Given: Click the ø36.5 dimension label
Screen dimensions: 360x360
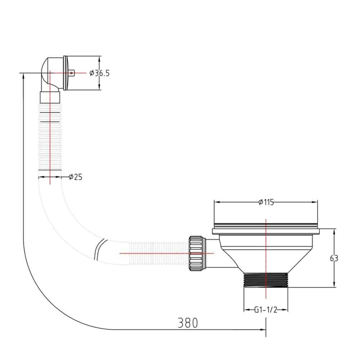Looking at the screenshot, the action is [x=99, y=73].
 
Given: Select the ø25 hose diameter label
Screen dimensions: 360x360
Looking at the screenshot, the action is [x=76, y=177].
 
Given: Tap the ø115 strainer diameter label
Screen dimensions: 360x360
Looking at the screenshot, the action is [x=266, y=202].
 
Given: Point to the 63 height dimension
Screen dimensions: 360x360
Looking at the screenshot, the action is [x=334, y=258].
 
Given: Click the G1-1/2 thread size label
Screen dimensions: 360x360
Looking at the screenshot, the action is [x=266, y=310].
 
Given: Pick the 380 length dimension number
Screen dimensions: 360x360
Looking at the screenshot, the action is [x=188, y=323].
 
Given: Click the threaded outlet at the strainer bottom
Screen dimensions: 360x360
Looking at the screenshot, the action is [x=266, y=280].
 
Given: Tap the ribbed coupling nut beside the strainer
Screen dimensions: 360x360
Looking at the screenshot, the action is [x=195, y=253].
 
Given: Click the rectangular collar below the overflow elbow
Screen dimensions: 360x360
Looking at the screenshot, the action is [x=50, y=97].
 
